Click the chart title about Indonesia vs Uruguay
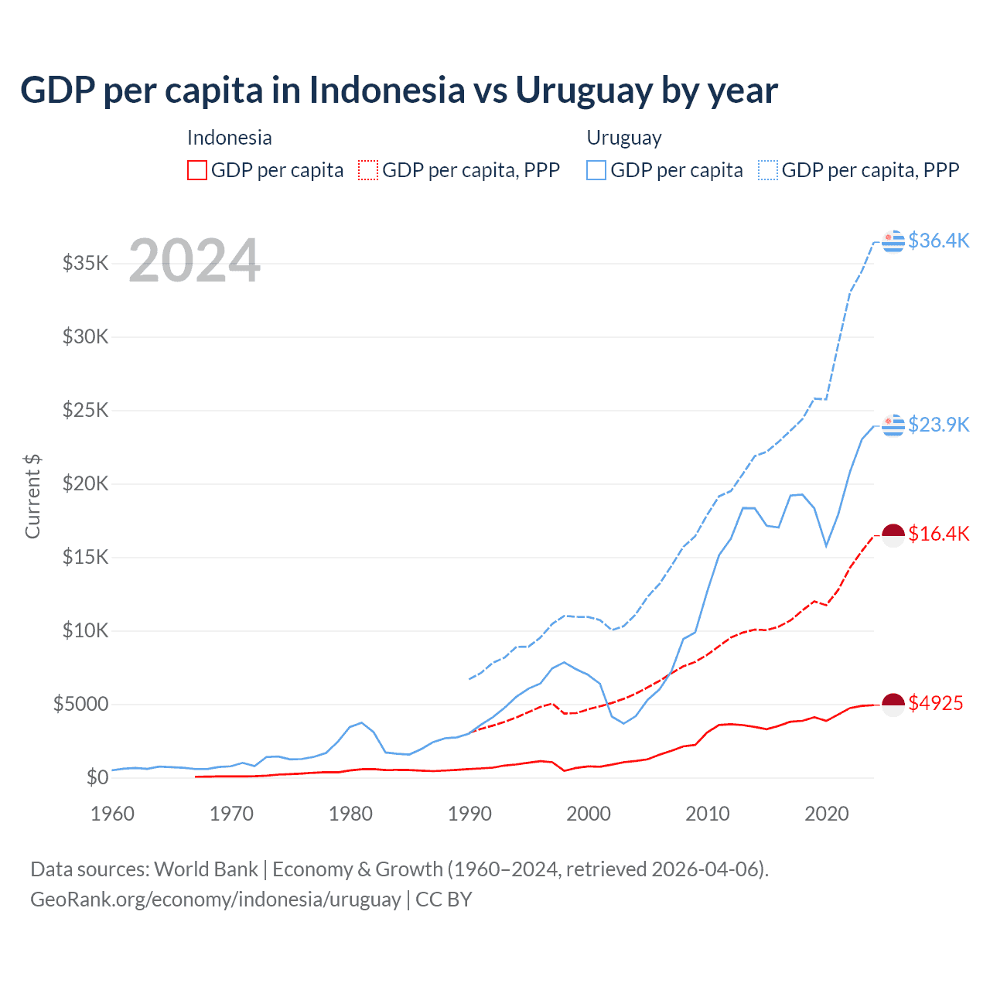tap(398, 90)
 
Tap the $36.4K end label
tap(938, 241)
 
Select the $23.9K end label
tap(938, 425)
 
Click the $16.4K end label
tap(938, 534)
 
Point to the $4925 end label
tap(935, 703)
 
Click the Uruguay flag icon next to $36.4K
tap(893, 241)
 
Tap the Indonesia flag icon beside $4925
tap(893, 704)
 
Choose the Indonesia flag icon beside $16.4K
tap(893, 534)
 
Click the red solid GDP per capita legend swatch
tap(197, 170)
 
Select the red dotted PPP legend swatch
tap(369, 170)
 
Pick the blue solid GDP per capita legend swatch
tap(596, 170)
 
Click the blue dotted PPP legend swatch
tap(768, 170)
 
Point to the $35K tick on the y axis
tap(86, 263)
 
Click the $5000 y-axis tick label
tap(81, 704)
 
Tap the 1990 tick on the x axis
tap(469, 814)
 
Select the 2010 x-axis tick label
tap(708, 814)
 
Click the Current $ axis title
tap(32, 497)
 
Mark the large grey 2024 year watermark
tap(194, 261)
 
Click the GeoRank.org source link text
tap(215, 900)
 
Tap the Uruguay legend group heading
tap(624, 138)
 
